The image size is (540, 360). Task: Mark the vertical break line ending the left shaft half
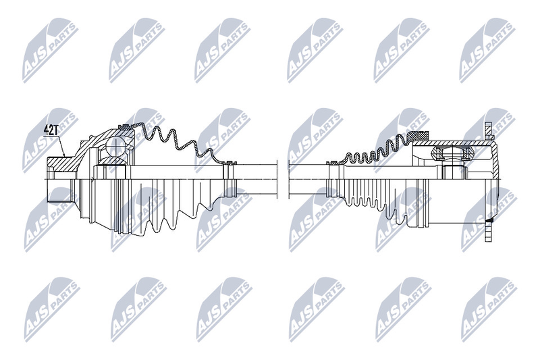[277, 180]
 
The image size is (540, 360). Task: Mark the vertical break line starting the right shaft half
[289, 180]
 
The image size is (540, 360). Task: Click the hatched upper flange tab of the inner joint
[489, 130]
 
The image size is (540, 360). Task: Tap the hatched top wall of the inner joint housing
[452, 143]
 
